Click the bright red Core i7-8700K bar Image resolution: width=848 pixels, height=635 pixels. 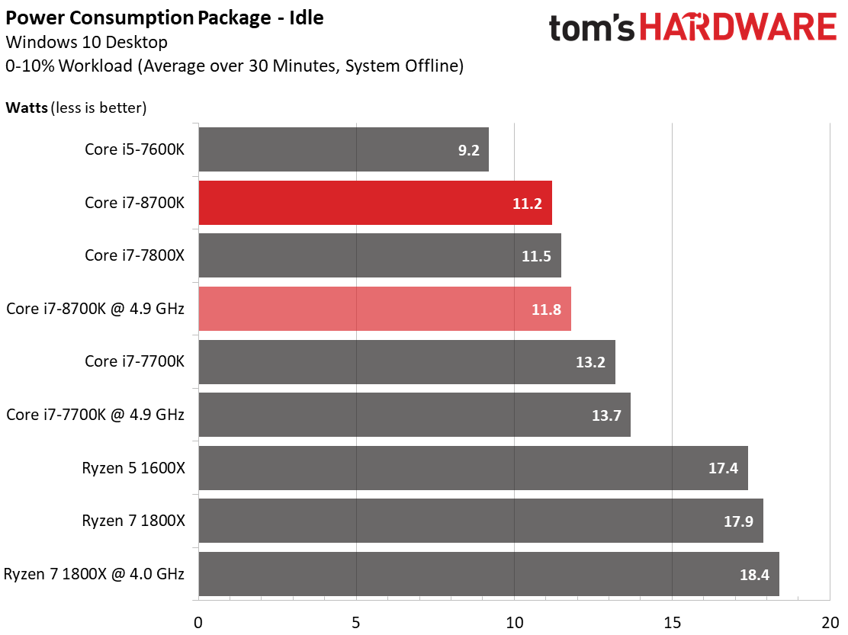tap(374, 203)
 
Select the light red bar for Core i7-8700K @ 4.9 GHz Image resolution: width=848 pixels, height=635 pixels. tap(384, 309)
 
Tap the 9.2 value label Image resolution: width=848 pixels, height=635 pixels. tap(468, 150)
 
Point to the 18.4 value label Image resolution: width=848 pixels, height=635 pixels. tap(753, 575)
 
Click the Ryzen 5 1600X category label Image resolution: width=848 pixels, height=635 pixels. tap(133, 468)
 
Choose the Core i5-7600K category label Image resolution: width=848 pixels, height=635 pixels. tap(134, 149)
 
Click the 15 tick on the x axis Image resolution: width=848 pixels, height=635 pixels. tap(671, 621)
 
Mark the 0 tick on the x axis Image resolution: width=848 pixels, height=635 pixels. tap(198, 621)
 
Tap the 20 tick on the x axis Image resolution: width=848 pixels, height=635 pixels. tap(830, 621)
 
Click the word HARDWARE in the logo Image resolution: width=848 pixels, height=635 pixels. tap(737, 28)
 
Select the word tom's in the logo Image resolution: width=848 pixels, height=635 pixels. tap(591, 28)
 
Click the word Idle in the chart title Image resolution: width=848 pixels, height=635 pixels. tap(305, 18)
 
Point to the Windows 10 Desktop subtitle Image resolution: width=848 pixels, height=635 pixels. tap(86, 42)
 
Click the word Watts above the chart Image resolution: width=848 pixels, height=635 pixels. tap(27, 107)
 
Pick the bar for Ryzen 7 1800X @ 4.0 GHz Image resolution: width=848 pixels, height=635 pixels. tap(488, 574)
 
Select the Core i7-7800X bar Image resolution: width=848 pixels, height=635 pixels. tap(379, 255)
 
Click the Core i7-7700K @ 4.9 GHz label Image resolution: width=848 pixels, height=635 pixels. tap(95, 415)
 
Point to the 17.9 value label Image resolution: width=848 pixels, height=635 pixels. tap(738, 521)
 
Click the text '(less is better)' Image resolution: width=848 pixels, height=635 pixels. tap(98, 107)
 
